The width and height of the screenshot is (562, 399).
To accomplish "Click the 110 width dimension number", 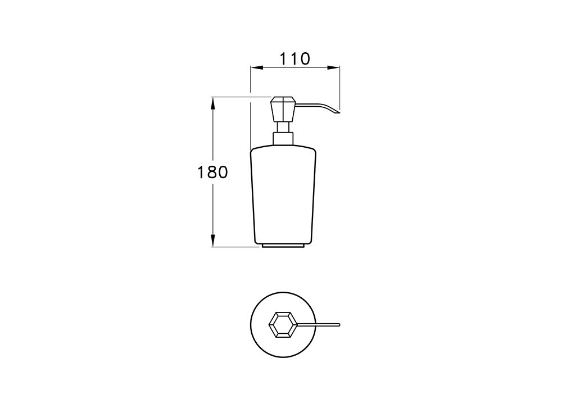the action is coord(294,59).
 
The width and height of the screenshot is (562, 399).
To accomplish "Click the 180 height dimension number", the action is coord(212,173).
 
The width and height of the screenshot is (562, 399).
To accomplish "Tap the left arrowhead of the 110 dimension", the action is coord(257,67).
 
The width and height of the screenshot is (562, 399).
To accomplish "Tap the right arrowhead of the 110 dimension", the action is coord(333,67).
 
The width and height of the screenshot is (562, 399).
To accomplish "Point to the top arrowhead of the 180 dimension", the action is coord(213,103).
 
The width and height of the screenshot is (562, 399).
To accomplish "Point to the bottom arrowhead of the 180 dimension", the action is coord(213,241).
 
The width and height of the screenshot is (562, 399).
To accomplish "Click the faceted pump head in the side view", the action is coord(283,109).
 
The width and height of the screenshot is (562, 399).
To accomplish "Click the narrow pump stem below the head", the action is coord(283,128).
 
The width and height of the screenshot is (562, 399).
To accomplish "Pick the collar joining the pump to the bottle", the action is coord(283,138).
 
